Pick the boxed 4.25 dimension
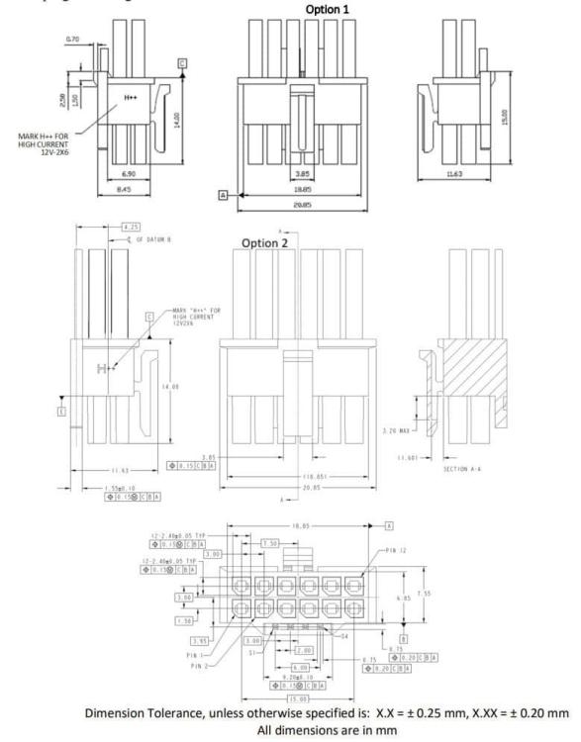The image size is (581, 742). click(x=128, y=227)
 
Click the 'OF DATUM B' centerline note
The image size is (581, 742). click(x=155, y=238)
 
